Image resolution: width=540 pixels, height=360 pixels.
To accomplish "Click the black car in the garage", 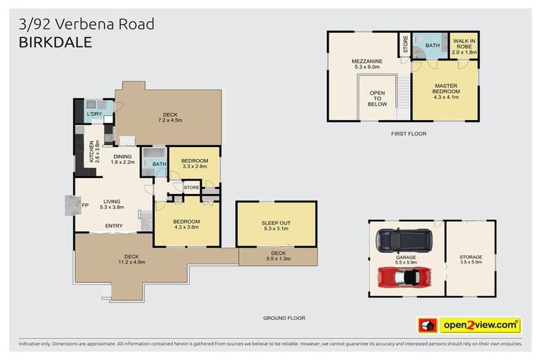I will tap(404, 240).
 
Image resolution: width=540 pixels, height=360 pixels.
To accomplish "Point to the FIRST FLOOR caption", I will tap(409, 133).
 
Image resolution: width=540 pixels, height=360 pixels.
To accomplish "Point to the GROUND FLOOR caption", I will tap(284, 318).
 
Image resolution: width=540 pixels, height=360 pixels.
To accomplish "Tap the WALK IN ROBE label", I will tap(463, 47).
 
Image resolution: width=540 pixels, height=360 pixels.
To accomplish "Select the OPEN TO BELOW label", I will tap(377, 98).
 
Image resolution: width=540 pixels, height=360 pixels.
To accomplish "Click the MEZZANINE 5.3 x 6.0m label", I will tap(366, 65).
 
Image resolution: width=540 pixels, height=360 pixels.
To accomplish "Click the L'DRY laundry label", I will tap(94, 114).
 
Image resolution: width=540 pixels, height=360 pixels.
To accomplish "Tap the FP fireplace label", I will tap(84, 205).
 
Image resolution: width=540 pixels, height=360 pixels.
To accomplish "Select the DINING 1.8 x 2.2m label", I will tap(122, 159).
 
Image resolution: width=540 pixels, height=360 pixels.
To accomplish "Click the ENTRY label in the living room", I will tap(114, 226).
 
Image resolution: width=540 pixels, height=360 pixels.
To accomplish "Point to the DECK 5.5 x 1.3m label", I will tap(278, 256).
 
